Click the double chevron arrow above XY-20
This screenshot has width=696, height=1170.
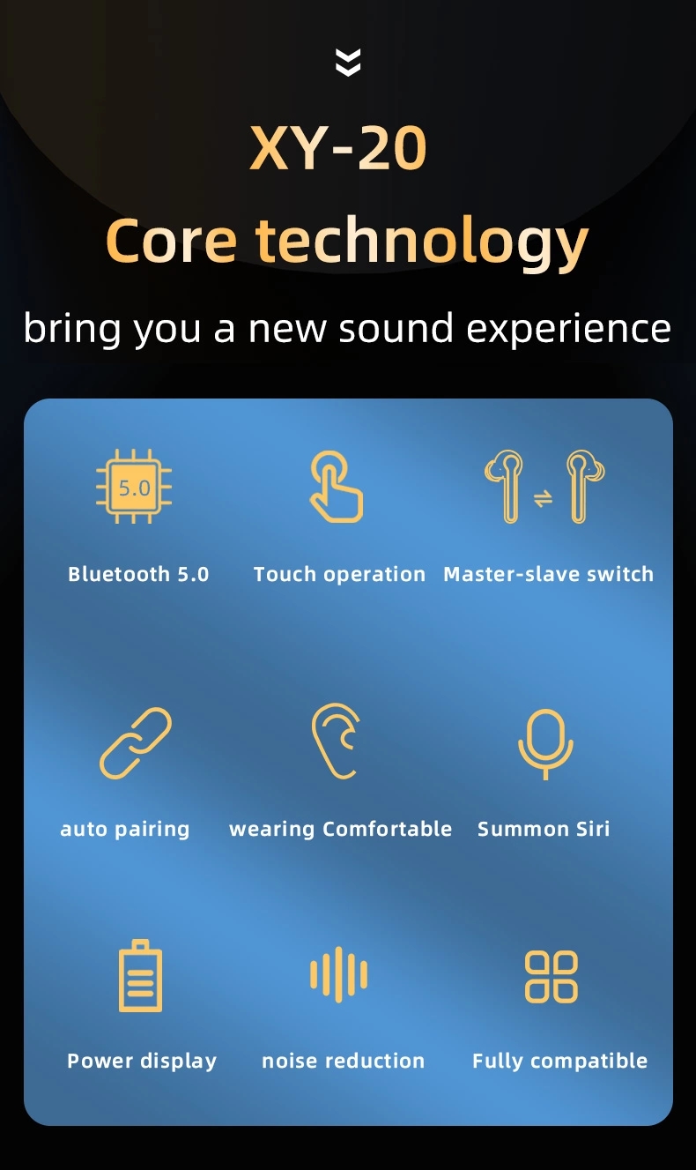(x=348, y=62)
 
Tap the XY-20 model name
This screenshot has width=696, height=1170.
(x=338, y=148)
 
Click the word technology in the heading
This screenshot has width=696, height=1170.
(x=422, y=242)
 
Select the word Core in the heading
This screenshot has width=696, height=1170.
(x=171, y=242)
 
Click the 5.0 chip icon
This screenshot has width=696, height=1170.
(x=134, y=487)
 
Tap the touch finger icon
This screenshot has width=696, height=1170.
(x=337, y=487)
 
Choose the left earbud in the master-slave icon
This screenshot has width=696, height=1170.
(x=505, y=486)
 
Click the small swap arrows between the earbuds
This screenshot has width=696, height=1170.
(x=543, y=498)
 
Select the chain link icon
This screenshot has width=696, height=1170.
(x=135, y=743)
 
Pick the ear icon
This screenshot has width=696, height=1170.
(x=336, y=741)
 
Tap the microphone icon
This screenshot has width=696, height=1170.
(x=545, y=744)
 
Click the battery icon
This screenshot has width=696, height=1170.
(x=140, y=975)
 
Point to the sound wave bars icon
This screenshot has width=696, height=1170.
(x=338, y=974)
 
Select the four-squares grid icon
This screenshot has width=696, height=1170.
(x=551, y=976)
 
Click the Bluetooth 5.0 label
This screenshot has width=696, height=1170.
(x=138, y=574)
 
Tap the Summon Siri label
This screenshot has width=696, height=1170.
(x=543, y=829)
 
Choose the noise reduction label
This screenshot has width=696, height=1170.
(x=343, y=1061)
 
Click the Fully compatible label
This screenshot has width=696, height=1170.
(x=559, y=1062)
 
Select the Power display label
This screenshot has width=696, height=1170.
(x=142, y=1062)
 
